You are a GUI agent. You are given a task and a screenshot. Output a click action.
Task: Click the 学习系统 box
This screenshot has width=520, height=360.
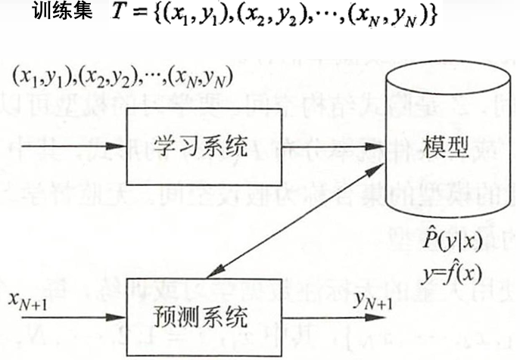pos(200,147)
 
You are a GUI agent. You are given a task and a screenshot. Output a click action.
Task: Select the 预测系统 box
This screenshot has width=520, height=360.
pos(200,313)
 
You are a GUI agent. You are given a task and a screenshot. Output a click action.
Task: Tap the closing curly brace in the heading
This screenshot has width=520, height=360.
pos(432,17)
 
